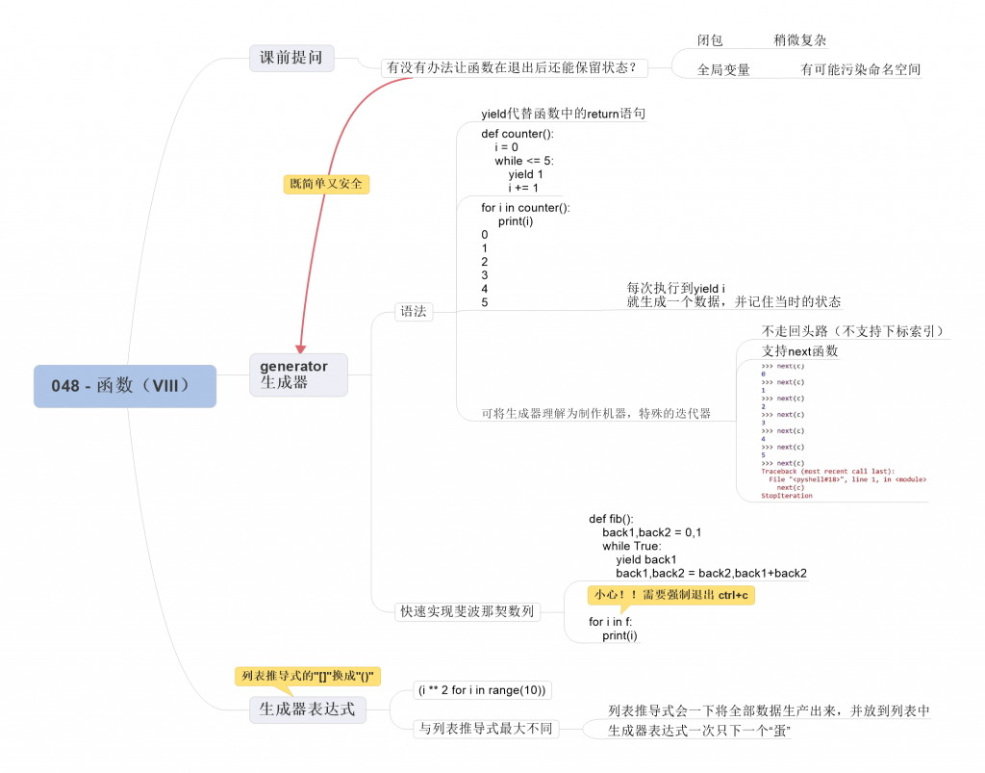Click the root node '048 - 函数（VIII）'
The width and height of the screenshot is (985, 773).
(x=125, y=386)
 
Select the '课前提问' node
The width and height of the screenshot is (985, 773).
(x=291, y=58)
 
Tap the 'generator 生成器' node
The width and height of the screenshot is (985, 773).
(x=298, y=374)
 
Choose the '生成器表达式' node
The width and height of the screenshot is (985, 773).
(x=307, y=709)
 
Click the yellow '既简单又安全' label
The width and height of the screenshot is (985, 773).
(x=326, y=183)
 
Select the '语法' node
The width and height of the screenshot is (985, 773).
(x=414, y=311)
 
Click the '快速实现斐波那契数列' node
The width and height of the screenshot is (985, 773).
(x=467, y=611)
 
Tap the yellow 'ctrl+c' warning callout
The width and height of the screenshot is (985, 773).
(x=671, y=595)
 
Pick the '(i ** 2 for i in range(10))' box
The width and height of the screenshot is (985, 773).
(x=482, y=689)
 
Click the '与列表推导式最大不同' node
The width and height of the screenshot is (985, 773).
(x=487, y=729)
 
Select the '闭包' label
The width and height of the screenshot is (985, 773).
(x=710, y=40)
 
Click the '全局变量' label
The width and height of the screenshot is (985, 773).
(x=723, y=70)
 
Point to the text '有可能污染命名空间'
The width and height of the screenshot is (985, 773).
(x=860, y=70)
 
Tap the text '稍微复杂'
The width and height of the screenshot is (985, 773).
(x=799, y=40)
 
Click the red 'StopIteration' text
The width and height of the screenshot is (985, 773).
(x=787, y=496)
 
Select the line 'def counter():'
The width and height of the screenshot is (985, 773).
(x=518, y=134)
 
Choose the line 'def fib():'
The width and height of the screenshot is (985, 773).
(x=611, y=519)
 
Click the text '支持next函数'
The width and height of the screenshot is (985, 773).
(x=799, y=351)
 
